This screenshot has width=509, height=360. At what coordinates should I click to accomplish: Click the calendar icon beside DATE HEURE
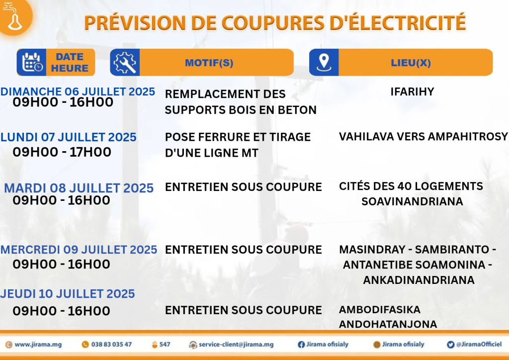point(32,62)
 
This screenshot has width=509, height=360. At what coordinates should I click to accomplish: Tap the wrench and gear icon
point(125,62)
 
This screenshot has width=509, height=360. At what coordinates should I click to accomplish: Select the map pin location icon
point(324,62)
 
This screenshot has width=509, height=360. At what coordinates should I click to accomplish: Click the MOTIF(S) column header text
point(209,63)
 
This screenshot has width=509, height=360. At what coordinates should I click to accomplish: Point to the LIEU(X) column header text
point(411,63)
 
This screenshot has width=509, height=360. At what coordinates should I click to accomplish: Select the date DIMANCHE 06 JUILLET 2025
point(78,91)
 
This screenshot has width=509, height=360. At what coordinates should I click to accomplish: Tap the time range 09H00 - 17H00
point(62,152)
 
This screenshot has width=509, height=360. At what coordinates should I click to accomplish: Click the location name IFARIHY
point(412,92)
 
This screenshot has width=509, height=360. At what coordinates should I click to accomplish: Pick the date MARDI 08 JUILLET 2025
point(79,188)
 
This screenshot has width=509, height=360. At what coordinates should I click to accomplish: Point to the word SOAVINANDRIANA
point(412,201)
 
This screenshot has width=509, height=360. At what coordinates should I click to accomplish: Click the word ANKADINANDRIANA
point(419,280)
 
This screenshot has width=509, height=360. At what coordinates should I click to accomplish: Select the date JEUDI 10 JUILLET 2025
point(68,294)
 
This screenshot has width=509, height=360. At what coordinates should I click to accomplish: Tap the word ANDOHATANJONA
point(388,324)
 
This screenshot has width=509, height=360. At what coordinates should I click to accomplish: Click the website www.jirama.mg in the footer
point(38,345)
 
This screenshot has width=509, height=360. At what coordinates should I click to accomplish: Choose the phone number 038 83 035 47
point(111,345)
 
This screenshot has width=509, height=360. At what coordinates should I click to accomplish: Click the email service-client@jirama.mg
point(236,345)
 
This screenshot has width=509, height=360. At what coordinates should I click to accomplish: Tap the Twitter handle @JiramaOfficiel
point(479,345)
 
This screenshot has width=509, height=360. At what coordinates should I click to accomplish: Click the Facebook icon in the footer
point(301,345)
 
